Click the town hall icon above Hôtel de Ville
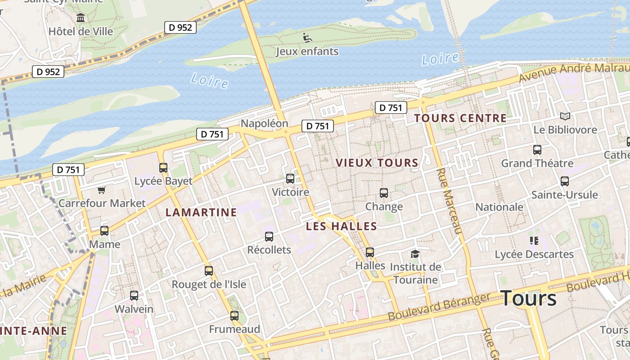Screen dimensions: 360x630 (81, 18)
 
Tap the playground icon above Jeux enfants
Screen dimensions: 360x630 (307, 38)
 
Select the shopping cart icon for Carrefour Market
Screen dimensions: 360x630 (101, 190)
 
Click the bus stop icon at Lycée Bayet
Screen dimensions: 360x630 (163, 168)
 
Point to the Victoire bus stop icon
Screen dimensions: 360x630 (290, 179)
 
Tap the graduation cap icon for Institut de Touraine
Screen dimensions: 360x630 (414, 254)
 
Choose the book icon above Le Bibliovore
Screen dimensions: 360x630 (565, 117)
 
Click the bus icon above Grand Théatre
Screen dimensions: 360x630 (537, 150)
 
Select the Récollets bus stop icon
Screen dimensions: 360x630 (269, 236)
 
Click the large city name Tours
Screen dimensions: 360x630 (528, 298)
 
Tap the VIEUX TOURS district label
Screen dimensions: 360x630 (377, 163)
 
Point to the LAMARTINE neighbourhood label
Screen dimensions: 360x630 (201, 212)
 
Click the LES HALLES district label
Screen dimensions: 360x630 (341, 226)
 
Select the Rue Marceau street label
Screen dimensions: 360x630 (450, 201)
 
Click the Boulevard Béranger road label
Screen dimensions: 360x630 (438, 307)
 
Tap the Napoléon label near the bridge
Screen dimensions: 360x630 (264, 123)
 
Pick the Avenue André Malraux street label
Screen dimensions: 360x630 (574, 72)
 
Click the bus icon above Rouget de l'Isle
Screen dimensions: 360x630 (208, 270)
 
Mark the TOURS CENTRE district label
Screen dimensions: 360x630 (460, 118)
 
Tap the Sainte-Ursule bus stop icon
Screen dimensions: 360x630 (564, 181)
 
